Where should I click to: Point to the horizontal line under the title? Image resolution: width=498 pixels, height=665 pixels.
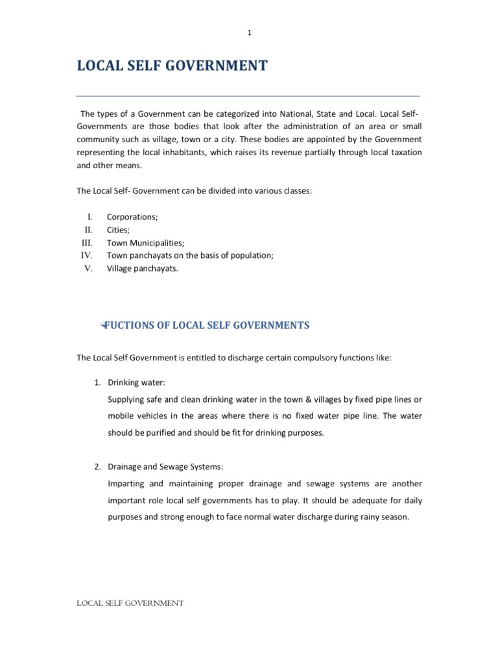click(248, 96)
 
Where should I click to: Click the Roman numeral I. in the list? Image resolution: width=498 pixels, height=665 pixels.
click(90, 217)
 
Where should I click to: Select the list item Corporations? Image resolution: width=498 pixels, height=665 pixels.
click(132, 217)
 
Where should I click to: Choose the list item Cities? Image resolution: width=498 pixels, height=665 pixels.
click(118, 230)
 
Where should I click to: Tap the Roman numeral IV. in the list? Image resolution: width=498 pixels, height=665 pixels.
click(87, 256)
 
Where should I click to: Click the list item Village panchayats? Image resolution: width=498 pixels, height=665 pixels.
click(142, 269)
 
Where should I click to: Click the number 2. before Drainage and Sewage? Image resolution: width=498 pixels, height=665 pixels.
click(97, 467)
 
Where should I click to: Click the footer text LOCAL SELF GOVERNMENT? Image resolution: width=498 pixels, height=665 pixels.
click(130, 603)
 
